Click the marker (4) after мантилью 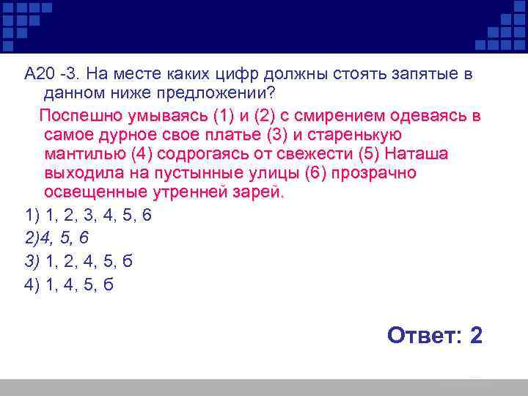coord(142,155)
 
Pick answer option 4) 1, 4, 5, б coord(70,285)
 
